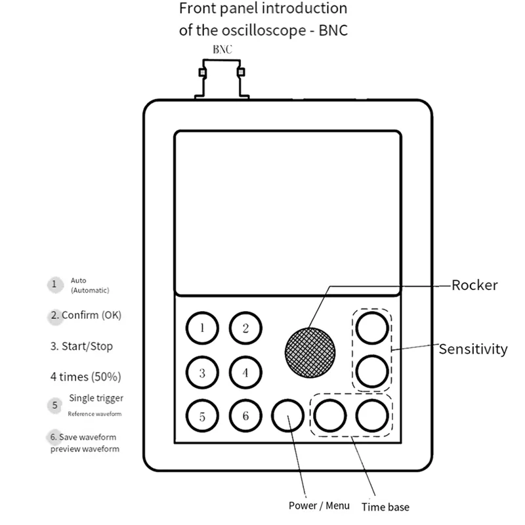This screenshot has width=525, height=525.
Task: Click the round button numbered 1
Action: (x=202, y=327)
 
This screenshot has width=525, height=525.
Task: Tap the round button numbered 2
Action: (x=245, y=327)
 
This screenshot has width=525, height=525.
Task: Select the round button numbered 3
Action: (x=202, y=372)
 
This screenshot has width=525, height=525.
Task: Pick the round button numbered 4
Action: (x=245, y=372)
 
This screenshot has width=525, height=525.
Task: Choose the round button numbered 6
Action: (x=245, y=415)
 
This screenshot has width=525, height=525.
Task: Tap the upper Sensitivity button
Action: (x=372, y=327)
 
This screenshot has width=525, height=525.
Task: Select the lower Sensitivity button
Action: (x=372, y=371)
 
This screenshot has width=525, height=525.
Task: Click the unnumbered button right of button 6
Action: (x=287, y=415)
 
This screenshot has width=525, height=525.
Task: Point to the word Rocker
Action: (x=474, y=285)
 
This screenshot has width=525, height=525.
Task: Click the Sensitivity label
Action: (x=473, y=349)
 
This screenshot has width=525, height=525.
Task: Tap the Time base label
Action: (x=385, y=507)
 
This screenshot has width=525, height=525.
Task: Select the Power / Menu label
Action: (x=319, y=506)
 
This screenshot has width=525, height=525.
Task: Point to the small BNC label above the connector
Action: (x=222, y=49)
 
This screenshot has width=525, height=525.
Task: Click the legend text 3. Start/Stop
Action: (x=86, y=346)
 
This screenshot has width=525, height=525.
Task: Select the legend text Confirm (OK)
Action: (x=91, y=315)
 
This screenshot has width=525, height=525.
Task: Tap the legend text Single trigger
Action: (x=96, y=398)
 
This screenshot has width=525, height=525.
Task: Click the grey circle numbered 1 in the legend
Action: (x=55, y=284)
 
